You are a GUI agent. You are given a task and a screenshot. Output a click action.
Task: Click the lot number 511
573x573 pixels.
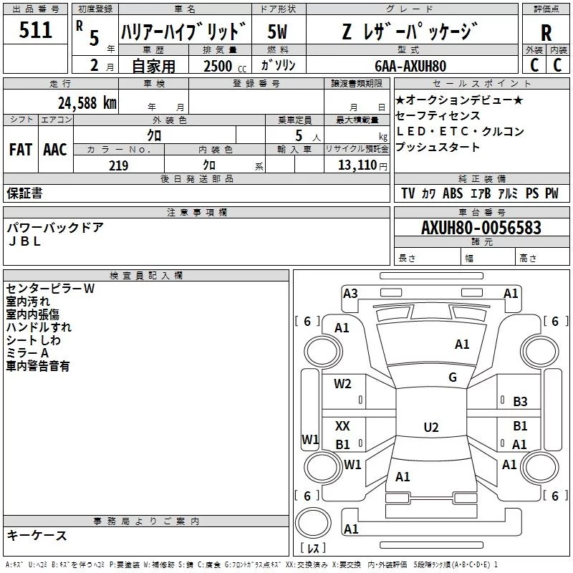tap(35, 30)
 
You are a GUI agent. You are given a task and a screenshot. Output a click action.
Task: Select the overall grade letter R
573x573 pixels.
tap(546, 33)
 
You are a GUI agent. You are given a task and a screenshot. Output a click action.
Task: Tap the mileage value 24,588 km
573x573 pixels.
tap(87, 103)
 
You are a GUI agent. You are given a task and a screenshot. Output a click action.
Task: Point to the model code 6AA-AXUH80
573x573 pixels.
tap(410, 66)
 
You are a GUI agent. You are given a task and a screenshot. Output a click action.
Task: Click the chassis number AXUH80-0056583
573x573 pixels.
tap(481, 228)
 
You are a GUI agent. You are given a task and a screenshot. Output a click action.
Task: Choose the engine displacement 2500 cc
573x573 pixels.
tap(225, 66)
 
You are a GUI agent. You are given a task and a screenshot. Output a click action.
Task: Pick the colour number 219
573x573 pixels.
tap(118, 165)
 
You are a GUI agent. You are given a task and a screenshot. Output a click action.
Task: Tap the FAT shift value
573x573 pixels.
tap(21, 150)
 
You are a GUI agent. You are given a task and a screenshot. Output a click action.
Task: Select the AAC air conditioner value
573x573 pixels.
tap(55, 150)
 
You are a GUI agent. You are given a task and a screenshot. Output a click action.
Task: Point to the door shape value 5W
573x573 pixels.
tap(277, 32)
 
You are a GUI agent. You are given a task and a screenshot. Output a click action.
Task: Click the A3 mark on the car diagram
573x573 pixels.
tap(350, 294)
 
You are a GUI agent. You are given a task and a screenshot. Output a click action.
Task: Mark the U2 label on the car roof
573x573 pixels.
tap(431, 427)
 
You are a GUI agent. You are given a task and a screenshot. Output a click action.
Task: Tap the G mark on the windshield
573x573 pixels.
tap(453, 377)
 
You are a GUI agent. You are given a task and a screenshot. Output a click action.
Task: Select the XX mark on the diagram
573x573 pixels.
tap(342, 425)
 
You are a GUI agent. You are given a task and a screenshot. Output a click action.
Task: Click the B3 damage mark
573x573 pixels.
tap(520, 402)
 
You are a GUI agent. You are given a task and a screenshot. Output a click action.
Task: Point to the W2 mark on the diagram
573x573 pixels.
tap(342, 384)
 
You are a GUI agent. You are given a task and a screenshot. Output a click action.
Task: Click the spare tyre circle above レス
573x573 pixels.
tap(313, 523)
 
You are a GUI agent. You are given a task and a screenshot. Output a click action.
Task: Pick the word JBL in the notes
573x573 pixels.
tap(24, 241)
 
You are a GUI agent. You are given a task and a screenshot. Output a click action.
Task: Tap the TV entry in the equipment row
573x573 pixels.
tap(408, 193)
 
